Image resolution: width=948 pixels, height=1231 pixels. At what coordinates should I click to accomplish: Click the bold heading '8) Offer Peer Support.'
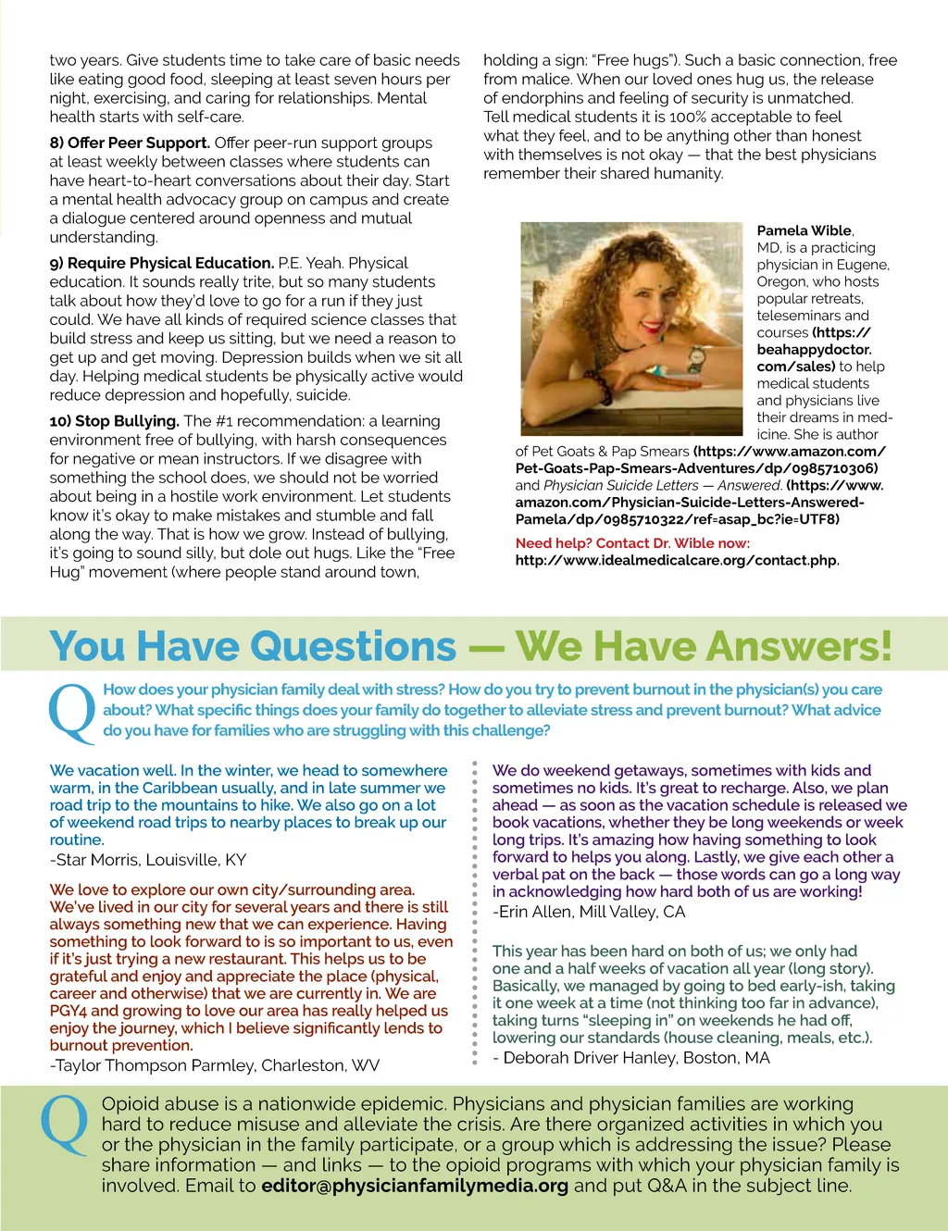pos(130,143)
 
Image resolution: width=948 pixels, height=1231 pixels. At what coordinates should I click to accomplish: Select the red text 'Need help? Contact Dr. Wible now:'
pos(632,543)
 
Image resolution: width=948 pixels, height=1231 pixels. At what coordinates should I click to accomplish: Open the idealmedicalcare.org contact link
pos(677,560)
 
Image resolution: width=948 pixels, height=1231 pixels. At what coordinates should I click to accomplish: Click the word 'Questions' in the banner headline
pos(343,646)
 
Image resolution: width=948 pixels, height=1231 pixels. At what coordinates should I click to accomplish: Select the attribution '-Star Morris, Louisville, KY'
pos(148,860)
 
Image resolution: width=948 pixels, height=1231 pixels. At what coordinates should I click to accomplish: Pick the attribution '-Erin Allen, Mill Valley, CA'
pos(589,912)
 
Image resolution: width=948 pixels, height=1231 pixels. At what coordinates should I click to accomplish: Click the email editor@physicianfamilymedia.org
pos(415,1186)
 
